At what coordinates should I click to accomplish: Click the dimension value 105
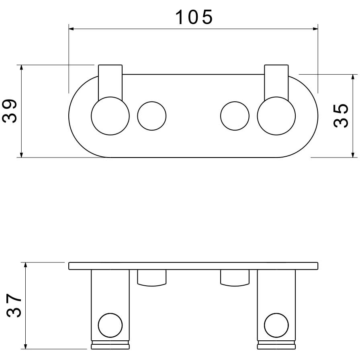pos(194,17)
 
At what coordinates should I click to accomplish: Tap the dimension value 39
pos(10,111)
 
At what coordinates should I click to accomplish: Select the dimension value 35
pos(341,116)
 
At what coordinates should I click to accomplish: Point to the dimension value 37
pos(14,306)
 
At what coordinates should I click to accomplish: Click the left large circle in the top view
pos(91,116)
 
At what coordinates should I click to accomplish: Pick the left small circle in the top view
pos(137,116)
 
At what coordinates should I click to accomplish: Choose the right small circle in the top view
pos(221,116)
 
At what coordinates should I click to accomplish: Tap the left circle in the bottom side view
pos(98,325)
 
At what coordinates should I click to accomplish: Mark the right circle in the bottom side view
pos(264,325)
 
